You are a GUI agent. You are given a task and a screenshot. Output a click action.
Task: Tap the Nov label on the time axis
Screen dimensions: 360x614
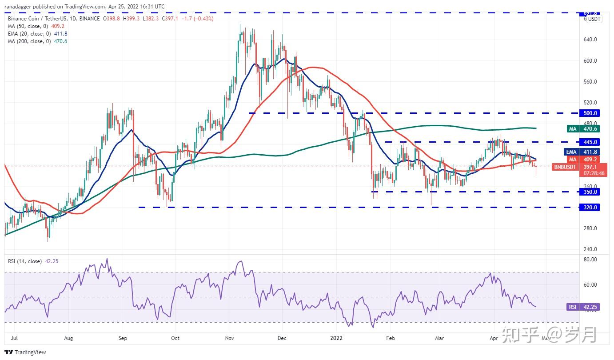click(x=230, y=338)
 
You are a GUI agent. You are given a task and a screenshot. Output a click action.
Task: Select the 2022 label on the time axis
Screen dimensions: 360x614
click(x=336, y=338)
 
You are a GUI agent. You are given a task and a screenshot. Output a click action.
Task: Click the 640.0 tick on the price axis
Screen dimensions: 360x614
click(x=590, y=40)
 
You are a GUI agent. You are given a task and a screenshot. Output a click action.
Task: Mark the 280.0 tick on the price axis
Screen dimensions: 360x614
click(x=590, y=228)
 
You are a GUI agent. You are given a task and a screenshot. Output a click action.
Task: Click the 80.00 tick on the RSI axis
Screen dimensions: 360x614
click(x=590, y=259)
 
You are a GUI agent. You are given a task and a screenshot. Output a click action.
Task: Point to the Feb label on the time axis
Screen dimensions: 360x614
click(x=391, y=338)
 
